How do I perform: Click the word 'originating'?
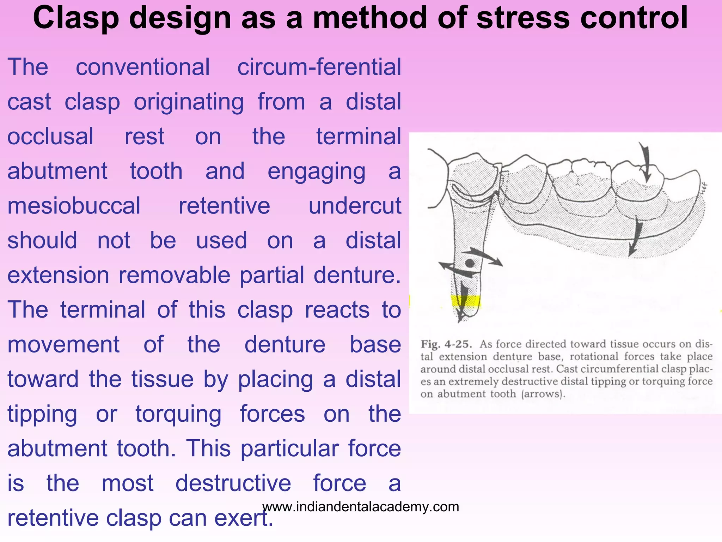pos(189,102)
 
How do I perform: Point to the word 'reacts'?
pos(337,310)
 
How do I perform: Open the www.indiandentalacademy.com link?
pos(361,507)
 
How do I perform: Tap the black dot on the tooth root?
pos(469,263)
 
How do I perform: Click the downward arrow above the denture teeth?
pos(645,162)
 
